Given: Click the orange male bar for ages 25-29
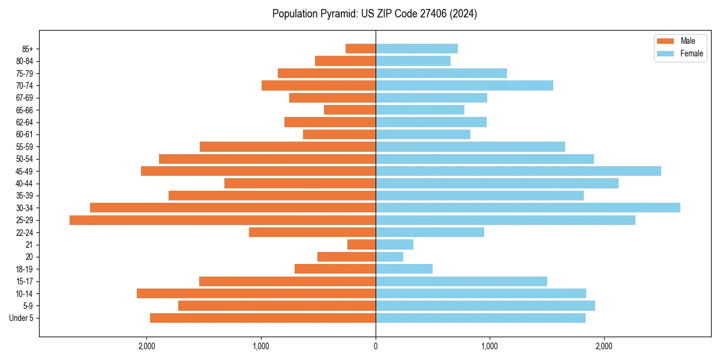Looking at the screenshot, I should click(x=222, y=220).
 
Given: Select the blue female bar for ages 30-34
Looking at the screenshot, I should click(x=528, y=208).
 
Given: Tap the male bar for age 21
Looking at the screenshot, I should click(x=361, y=245).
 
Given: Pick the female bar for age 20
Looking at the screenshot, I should click(x=389, y=257).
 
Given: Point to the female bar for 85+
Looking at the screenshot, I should click(x=416, y=49).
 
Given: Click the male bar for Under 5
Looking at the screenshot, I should click(x=263, y=318).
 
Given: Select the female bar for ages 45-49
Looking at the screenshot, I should click(x=518, y=171).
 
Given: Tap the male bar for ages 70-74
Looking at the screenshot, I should click(x=319, y=85).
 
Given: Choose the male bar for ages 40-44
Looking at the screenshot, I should click(x=300, y=183).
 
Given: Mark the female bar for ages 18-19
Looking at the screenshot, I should click(x=404, y=269).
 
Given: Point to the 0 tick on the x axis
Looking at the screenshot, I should click(x=376, y=346).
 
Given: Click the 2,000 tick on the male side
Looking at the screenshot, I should click(x=146, y=346).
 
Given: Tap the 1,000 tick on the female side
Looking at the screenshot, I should click(x=490, y=346).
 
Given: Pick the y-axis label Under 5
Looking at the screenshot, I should click(x=21, y=318).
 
